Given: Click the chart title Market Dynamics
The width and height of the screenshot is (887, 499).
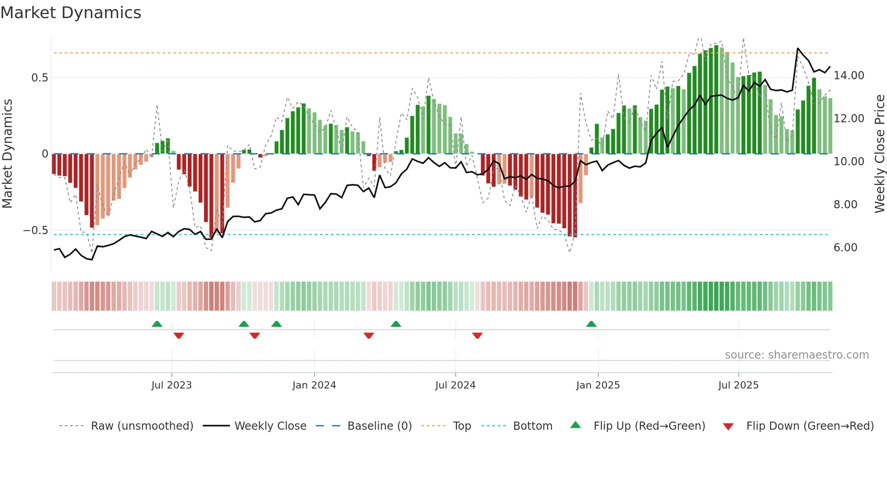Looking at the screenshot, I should pyautogui.click(x=71, y=13).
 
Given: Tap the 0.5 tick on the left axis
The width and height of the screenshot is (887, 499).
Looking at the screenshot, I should pyautogui.click(x=39, y=78).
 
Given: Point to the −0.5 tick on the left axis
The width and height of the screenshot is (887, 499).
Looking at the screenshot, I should pyautogui.click(x=36, y=230).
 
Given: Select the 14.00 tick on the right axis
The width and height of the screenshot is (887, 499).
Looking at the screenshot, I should pyautogui.click(x=849, y=76).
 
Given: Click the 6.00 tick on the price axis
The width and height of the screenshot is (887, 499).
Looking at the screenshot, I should pyautogui.click(x=845, y=248).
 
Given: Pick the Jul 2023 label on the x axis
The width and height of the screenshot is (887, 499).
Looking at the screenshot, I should pyautogui.click(x=172, y=385).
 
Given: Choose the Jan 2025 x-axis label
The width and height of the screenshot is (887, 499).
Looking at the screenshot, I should pyautogui.click(x=598, y=385).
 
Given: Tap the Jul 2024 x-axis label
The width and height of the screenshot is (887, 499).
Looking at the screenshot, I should pyautogui.click(x=455, y=385).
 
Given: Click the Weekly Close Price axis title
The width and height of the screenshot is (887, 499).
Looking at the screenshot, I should pyautogui.click(x=879, y=154).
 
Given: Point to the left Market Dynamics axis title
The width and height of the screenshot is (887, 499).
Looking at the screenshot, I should pyautogui.click(x=7, y=154).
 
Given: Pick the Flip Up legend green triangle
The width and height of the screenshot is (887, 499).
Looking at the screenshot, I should pyautogui.click(x=575, y=425).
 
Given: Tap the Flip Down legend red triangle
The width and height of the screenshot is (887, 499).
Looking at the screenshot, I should pyautogui.click(x=728, y=427).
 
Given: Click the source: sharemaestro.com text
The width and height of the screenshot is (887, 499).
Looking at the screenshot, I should pyautogui.click(x=796, y=355).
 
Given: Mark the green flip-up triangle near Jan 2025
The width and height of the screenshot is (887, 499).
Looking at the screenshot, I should pyautogui.click(x=591, y=324).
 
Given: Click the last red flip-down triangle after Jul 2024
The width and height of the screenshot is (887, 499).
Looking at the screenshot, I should pyautogui.click(x=477, y=336).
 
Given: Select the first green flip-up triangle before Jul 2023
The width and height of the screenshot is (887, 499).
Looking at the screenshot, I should pyautogui.click(x=157, y=324).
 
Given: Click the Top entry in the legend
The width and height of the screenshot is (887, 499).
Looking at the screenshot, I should pyautogui.click(x=462, y=426).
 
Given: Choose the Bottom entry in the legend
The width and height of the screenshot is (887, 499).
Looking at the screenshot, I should pyautogui.click(x=532, y=426).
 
